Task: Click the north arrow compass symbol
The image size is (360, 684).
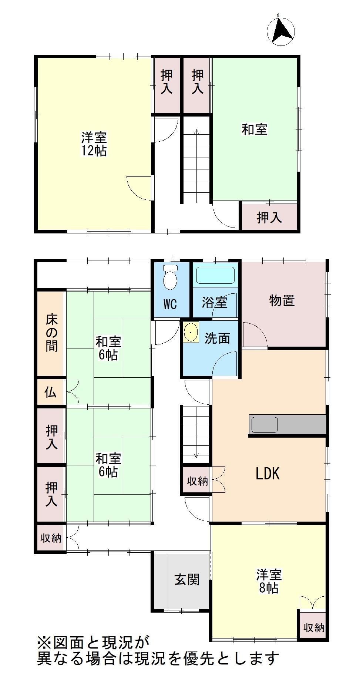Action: tap(281, 30)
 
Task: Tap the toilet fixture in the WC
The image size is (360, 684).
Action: tap(170, 277)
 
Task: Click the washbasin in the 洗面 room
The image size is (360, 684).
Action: tap(191, 332)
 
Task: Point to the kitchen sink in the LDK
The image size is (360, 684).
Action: tap(265, 424)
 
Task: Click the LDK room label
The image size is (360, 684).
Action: tap(268, 474)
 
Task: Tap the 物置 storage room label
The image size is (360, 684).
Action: tap(282, 300)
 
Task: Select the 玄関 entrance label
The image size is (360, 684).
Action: tap(187, 579)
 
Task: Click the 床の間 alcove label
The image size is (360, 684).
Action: tap(51, 332)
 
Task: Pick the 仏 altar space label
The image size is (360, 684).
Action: tap(51, 392)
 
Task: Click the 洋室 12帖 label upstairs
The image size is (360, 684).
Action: tap(94, 145)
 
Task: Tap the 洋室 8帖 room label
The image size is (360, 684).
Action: tap(269, 582)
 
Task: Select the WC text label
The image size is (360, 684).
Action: tap(170, 304)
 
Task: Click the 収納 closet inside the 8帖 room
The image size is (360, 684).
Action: tap(314, 627)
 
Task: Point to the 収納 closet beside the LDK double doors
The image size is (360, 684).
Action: tap(197, 481)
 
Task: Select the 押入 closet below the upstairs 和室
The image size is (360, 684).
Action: tap(269, 218)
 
